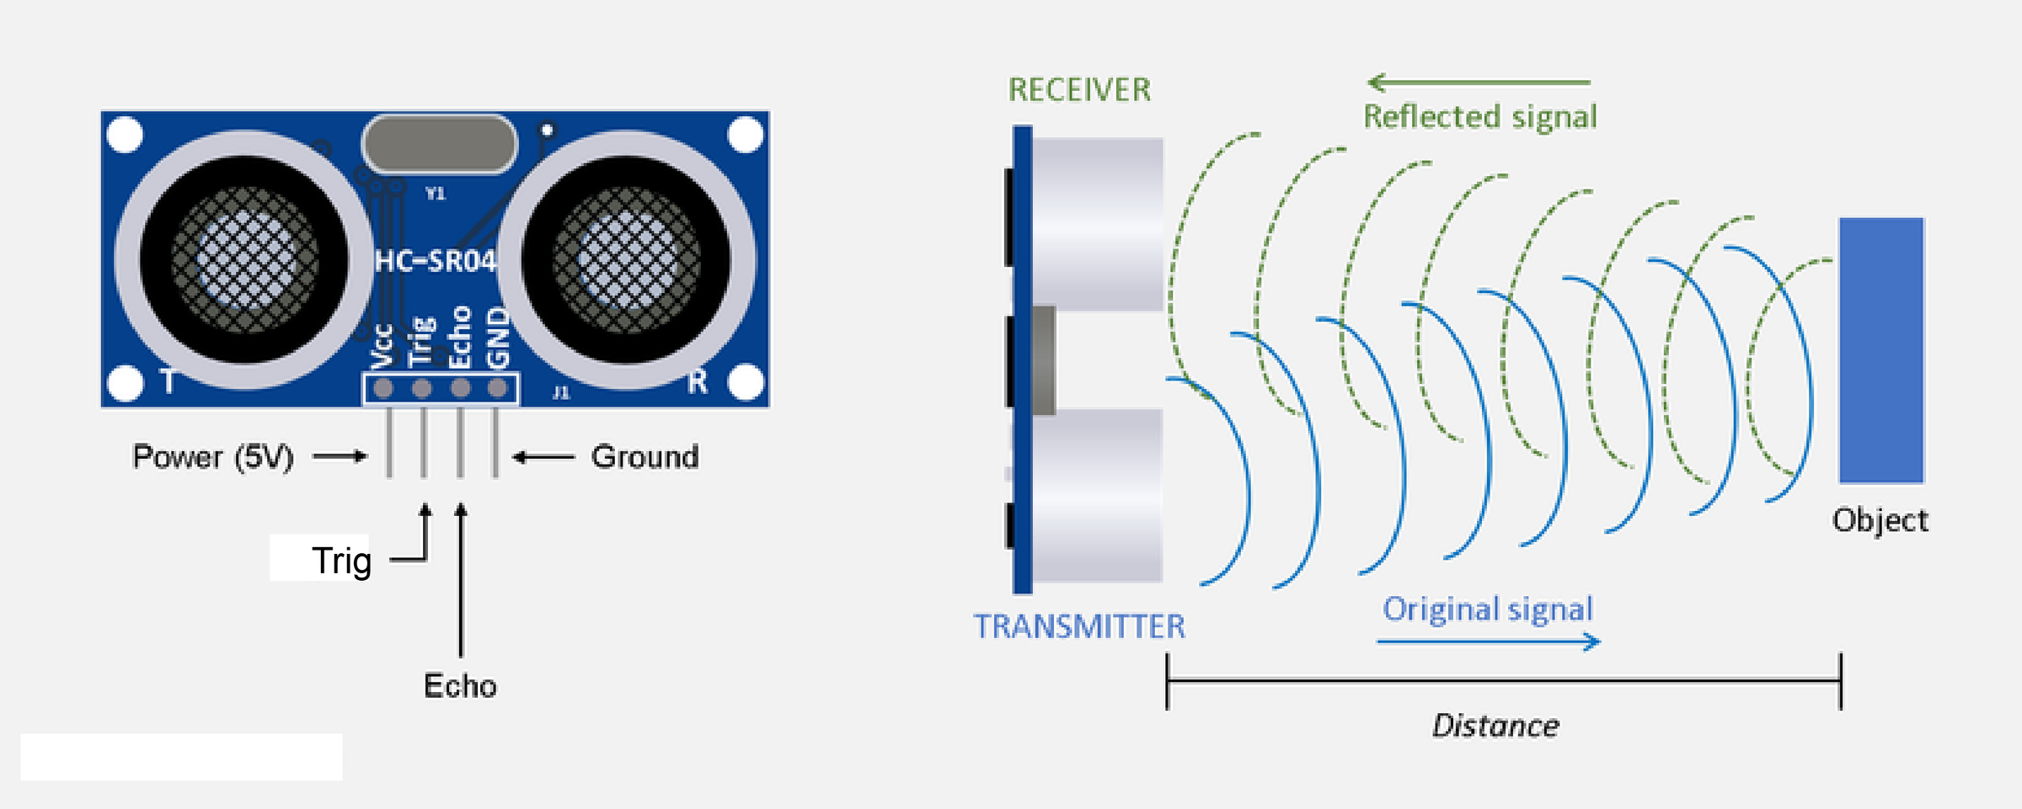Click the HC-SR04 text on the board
[x=435, y=261]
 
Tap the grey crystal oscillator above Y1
[x=439, y=144]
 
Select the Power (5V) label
[x=213, y=457]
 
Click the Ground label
[x=645, y=457]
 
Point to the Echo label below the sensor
[x=460, y=686]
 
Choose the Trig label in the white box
[x=341, y=561]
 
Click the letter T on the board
[x=168, y=381]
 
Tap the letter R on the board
[x=697, y=382]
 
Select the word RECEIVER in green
[x=1079, y=90]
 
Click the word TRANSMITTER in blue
[x=1079, y=626]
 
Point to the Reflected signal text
[x=1480, y=117]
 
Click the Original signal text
[x=1488, y=609]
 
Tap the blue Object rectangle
[x=1881, y=350]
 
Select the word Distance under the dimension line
[x=1496, y=726]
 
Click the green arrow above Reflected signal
[x=1479, y=82]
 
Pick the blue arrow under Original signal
[x=1489, y=642]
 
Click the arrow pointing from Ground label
[x=543, y=457]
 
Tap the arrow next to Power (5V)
[x=340, y=456]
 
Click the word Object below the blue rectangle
[x=1880, y=520]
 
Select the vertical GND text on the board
[x=499, y=338]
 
